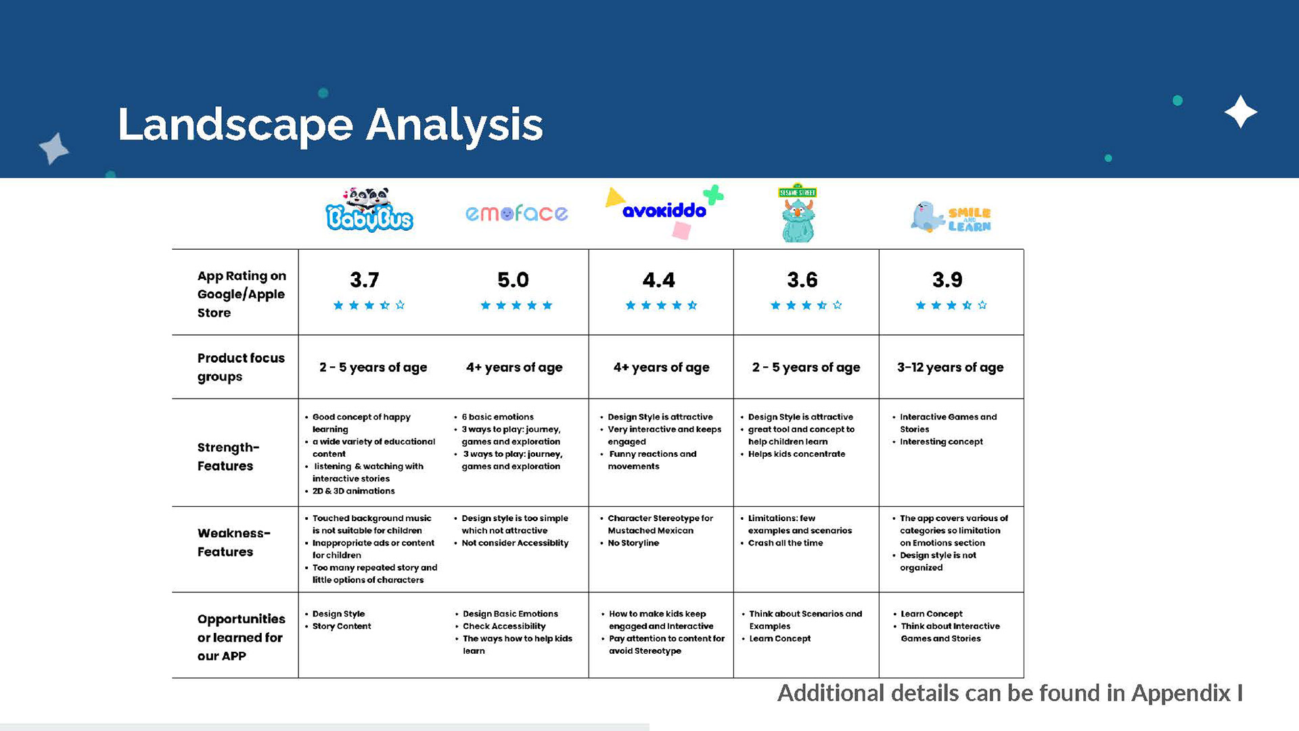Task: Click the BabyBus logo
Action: pyautogui.click(x=369, y=211)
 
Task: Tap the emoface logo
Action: pyautogui.click(x=516, y=213)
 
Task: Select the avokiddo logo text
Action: pyautogui.click(x=664, y=211)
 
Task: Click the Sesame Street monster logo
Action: pyautogui.click(x=798, y=213)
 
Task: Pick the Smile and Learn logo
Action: pyautogui.click(x=951, y=217)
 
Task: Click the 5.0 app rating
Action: pyautogui.click(x=513, y=280)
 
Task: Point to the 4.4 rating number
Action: pyautogui.click(x=658, y=280)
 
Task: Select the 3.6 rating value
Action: pyautogui.click(x=802, y=280)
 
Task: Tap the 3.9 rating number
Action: pyautogui.click(x=947, y=280)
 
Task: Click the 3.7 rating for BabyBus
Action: pyautogui.click(x=364, y=280)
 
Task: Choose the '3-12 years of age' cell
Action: pyautogui.click(x=950, y=367)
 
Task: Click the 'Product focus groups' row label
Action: pyautogui.click(x=241, y=367)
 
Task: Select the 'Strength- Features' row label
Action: pyautogui.click(x=228, y=456)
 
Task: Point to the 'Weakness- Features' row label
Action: pyautogui.click(x=233, y=542)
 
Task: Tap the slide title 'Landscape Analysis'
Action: pyautogui.click(x=330, y=125)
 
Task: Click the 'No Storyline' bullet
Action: pyautogui.click(x=633, y=543)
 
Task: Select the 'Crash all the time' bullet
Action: pyautogui.click(x=785, y=543)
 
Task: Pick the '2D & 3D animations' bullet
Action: pyautogui.click(x=353, y=491)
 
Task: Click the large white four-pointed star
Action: pyautogui.click(x=1240, y=112)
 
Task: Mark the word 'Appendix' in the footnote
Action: pyautogui.click(x=1181, y=693)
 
